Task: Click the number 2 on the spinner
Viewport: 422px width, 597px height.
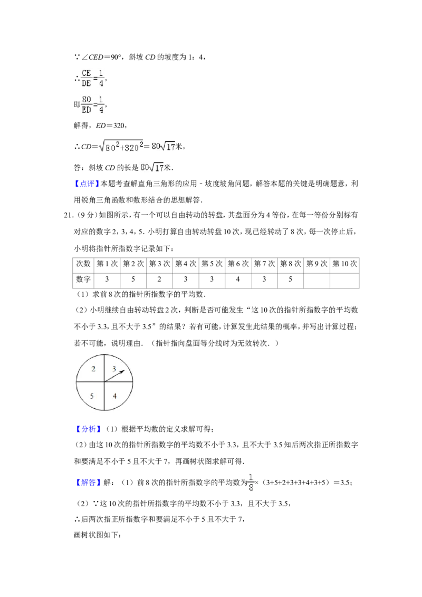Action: tap(93, 369)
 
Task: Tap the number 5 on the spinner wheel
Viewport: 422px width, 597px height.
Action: tap(92, 396)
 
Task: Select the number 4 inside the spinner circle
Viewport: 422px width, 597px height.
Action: tap(114, 396)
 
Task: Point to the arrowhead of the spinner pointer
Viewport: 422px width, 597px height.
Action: tap(122, 372)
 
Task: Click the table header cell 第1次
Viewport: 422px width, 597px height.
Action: tap(107, 264)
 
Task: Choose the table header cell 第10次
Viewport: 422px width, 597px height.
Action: tap(344, 264)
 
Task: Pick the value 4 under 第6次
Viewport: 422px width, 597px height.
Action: tap(238, 279)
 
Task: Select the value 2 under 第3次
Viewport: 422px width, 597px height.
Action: tap(159, 279)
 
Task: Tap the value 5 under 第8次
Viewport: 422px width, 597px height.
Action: tap(290, 279)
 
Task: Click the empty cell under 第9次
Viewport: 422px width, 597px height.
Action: tap(316, 281)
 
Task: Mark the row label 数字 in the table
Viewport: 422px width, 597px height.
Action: tap(83, 280)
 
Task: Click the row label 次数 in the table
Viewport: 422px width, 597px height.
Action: tap(83, 264)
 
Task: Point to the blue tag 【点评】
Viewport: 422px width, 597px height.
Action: tap(87, 184)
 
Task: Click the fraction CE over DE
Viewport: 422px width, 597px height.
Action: tap(87, 78)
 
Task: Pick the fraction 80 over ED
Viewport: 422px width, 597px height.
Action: tap(87, 104)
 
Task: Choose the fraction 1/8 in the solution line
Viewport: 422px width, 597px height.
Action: tap(251, 483)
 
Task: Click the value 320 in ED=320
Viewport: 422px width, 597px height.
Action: tap(119, 126)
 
